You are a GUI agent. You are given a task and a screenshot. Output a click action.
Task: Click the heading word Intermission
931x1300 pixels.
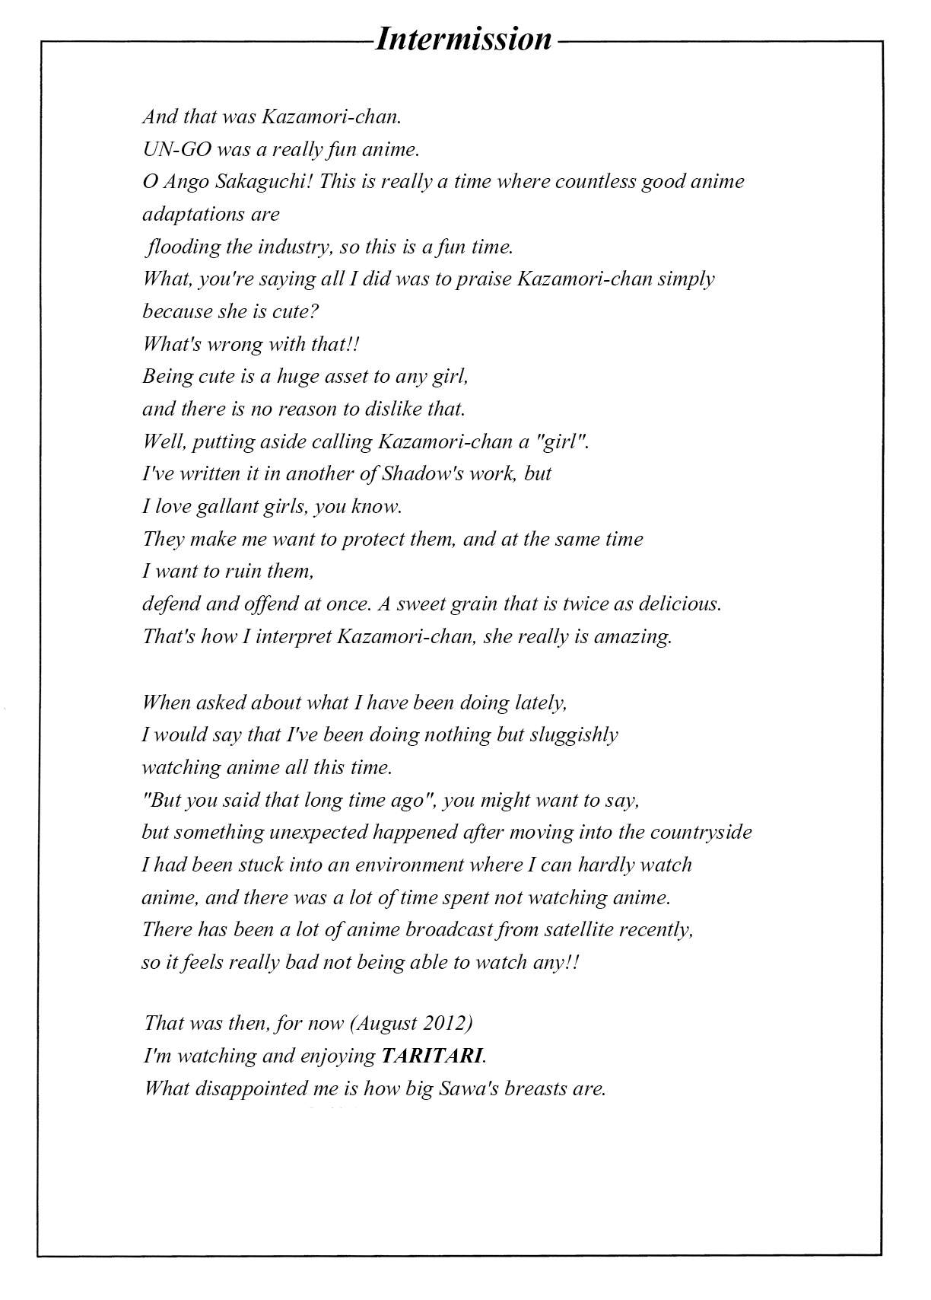pos(463,39)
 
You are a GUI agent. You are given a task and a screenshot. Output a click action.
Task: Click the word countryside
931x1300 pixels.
pos(701,833)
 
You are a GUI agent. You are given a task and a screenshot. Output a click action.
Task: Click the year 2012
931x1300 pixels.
pos(440,1023)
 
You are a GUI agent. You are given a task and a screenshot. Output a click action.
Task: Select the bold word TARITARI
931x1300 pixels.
pos(431,1056)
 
